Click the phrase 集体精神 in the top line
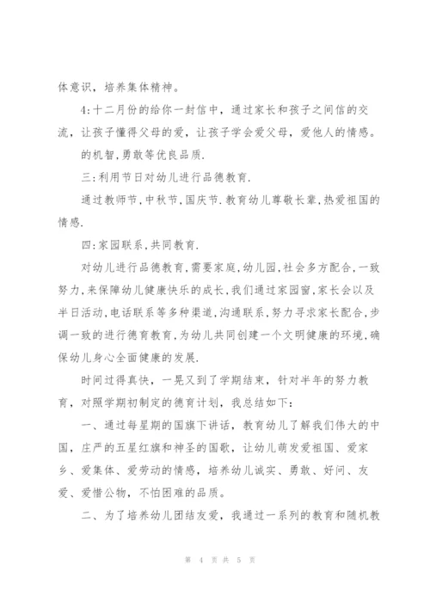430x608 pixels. [x=150, y=87]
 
